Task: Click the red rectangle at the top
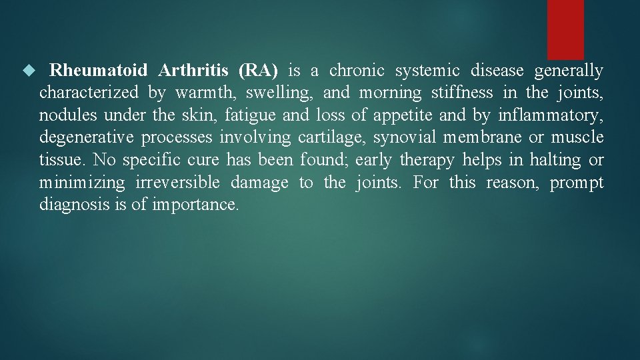565,29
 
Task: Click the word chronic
357,70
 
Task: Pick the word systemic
427,70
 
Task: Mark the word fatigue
250,115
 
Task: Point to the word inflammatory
551,115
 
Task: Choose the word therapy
428,161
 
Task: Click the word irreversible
177,183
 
